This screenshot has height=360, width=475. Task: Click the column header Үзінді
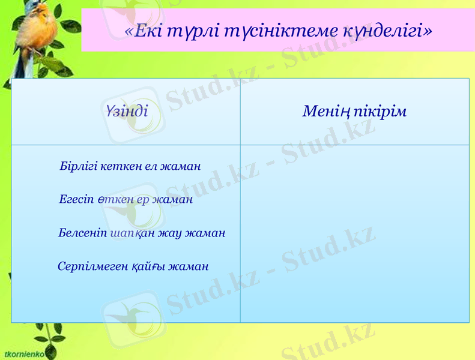[126, 112]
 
